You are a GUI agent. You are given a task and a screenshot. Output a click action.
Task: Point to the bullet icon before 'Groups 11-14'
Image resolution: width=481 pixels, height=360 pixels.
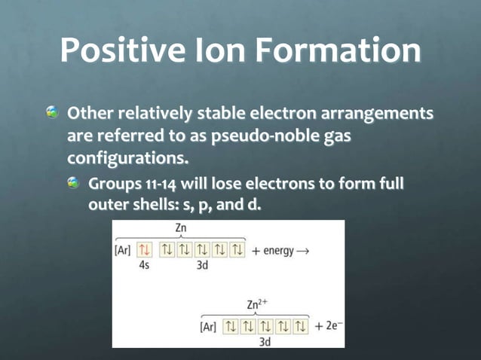(74, 182)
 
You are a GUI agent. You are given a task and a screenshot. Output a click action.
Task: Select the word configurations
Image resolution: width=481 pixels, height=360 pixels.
(127, 160)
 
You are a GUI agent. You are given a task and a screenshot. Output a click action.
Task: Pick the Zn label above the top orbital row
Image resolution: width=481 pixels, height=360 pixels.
(182, 227)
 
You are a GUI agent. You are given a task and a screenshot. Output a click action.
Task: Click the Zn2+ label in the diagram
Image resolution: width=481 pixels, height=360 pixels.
(258, 304)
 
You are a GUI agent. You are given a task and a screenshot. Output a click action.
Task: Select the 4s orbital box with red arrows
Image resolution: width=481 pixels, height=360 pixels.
(146, 250)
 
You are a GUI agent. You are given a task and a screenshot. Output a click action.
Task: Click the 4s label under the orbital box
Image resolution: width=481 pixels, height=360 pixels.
(145, 266)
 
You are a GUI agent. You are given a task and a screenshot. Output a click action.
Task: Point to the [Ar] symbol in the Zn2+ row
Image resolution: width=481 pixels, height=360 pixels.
(208, 327)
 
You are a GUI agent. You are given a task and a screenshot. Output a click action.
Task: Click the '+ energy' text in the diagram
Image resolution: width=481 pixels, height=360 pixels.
(272, 250)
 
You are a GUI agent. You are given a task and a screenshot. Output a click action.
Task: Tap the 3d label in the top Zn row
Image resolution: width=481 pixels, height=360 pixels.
(202, 266)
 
